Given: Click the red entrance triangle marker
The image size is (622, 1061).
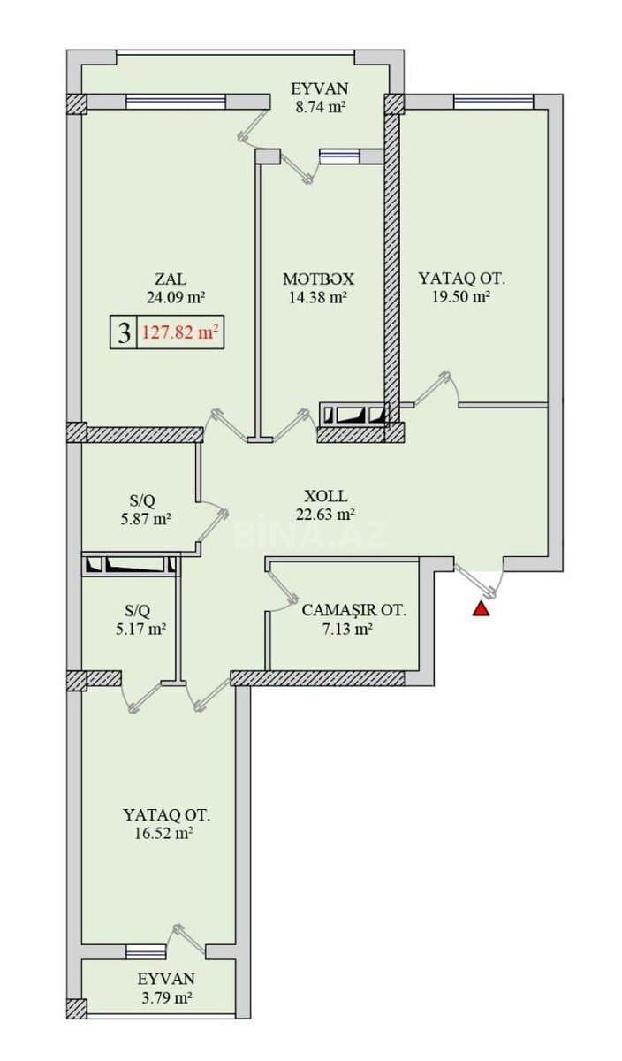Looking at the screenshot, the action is pos(481,609).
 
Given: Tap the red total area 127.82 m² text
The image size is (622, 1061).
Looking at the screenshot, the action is pos(180,332).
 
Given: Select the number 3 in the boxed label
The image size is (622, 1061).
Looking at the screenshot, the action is pos(124,333).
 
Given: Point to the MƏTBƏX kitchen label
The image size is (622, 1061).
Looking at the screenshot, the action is pos(318,279).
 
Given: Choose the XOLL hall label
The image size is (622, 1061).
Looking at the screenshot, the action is pos(326,496).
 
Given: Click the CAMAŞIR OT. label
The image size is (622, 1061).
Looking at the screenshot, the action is pos(354,610).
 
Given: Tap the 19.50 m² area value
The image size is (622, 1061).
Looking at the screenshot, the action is pos(460,297).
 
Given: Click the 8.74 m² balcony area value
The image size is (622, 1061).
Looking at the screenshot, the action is pos(320,107).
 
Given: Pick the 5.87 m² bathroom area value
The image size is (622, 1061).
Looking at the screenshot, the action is pos(146,519).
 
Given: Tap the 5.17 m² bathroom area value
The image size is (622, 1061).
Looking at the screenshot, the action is pos(141,630).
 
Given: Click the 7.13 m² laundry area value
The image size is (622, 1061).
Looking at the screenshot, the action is pos(346,630).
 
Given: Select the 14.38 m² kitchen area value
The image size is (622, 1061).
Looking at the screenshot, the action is pos(318,297).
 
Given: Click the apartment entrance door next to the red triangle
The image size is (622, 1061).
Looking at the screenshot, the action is pos(478,579).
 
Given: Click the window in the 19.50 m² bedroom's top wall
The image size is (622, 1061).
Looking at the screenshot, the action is pos(493,101).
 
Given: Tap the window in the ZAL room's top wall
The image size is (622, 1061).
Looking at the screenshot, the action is pos(176,102).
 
